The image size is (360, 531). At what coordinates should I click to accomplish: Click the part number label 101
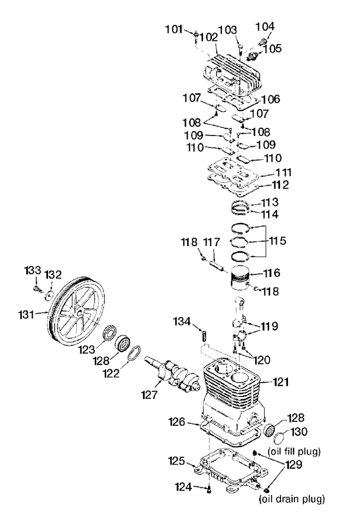pyautogui.click(x=174, y=29)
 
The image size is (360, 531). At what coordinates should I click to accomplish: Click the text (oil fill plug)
pyautogui.click(x=294, y=451)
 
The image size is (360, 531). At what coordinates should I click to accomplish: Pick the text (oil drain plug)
pyautogui.click(x=292, y=499)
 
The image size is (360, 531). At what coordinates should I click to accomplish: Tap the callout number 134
pyautogui.click(x=182, y=322)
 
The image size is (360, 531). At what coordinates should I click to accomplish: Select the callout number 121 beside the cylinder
pyautogui.click(x=280, y=382)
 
